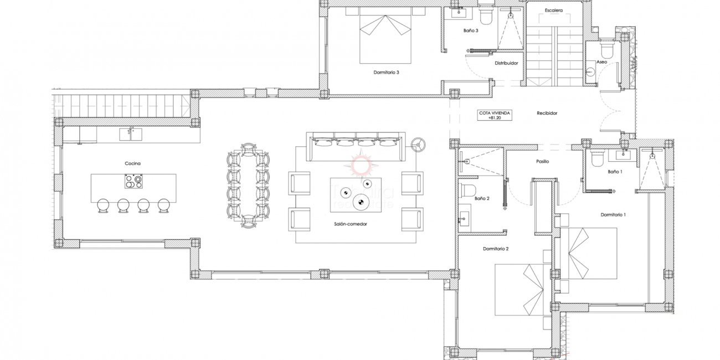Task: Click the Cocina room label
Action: (x=132, y=163)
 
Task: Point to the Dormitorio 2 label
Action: (x=495, y=249)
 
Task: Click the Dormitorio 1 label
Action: (x=613, y=214)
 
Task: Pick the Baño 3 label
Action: (x=471, y=31)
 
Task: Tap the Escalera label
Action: (x=553, y=10)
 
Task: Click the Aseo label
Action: (x=601, y=62)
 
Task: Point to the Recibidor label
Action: (x=547, y=113)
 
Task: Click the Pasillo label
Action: (x=542, y=162)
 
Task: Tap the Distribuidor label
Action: (x=506, y=63)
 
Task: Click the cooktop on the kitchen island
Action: (x=133, y=182)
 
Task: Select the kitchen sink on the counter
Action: (x=131, y=133)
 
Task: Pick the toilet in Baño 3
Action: (x=486, y=17)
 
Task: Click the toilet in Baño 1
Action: (x=597, y=158)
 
